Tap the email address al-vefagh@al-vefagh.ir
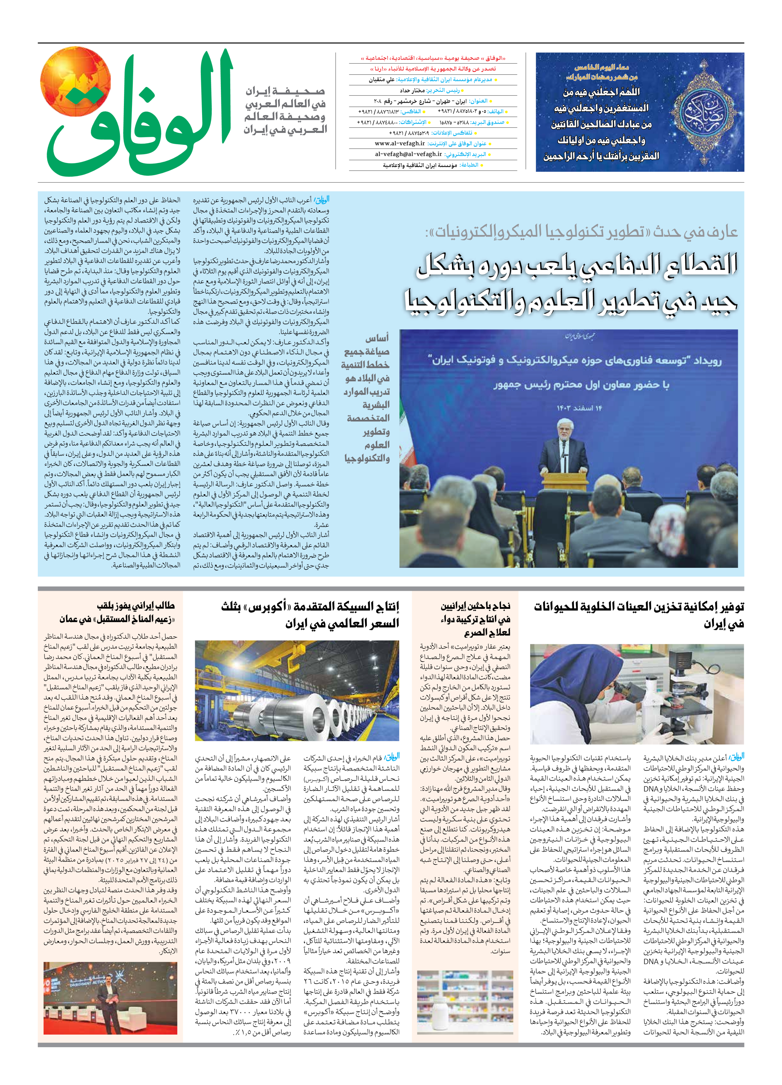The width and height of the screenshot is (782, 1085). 408,154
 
